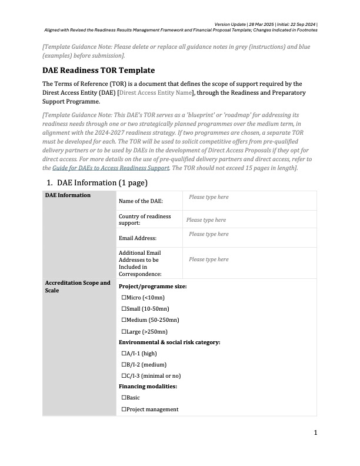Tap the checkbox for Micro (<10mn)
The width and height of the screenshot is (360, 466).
(x=124, y=298)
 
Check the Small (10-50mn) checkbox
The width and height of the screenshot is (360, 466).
(x=124, y=309)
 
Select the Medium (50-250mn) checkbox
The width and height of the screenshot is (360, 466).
(x=124, y=320)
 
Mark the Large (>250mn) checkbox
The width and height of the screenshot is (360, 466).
(x=124, y=331)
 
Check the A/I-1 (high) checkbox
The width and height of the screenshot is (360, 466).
(x=124, y=354)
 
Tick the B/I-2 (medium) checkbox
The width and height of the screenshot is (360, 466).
(x=124, y=365)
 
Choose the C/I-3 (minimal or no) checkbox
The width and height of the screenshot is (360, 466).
(x=124, y=376)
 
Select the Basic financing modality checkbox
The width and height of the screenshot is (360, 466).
(x=124, y=398)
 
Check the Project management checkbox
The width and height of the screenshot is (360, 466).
(x=124, y=409)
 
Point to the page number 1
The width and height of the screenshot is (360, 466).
(x=315, y=433)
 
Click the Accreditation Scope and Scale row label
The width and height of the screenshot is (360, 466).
(x=78, y=287)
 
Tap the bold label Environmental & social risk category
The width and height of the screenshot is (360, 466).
(x=169, y=342)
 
